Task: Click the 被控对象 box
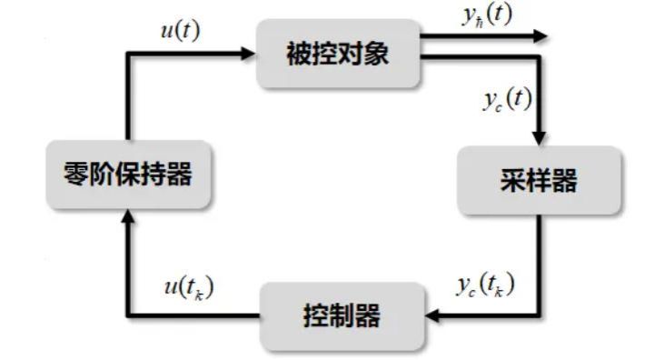[338, 54]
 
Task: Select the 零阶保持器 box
[128, 175]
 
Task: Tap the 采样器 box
[539, 180]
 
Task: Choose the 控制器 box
[342, 316]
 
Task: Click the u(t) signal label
[180, 30]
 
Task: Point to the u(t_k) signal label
[189, 287]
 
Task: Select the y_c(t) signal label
[507, 100]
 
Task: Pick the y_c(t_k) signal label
[485, 285]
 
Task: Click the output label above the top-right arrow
[488, 15]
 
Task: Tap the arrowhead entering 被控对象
[248, 54]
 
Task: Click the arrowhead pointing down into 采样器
[539, 139]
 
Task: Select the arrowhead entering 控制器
[432, 316]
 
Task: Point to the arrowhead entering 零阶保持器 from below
[128, 216]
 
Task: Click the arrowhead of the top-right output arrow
[541, 36]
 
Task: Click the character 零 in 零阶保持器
[76, 174]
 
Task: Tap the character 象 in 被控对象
[376, 54]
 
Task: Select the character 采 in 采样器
[513, 180]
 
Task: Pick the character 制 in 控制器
[342, 316]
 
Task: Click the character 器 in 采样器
[564, 180]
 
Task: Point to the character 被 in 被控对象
[300, 54]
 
